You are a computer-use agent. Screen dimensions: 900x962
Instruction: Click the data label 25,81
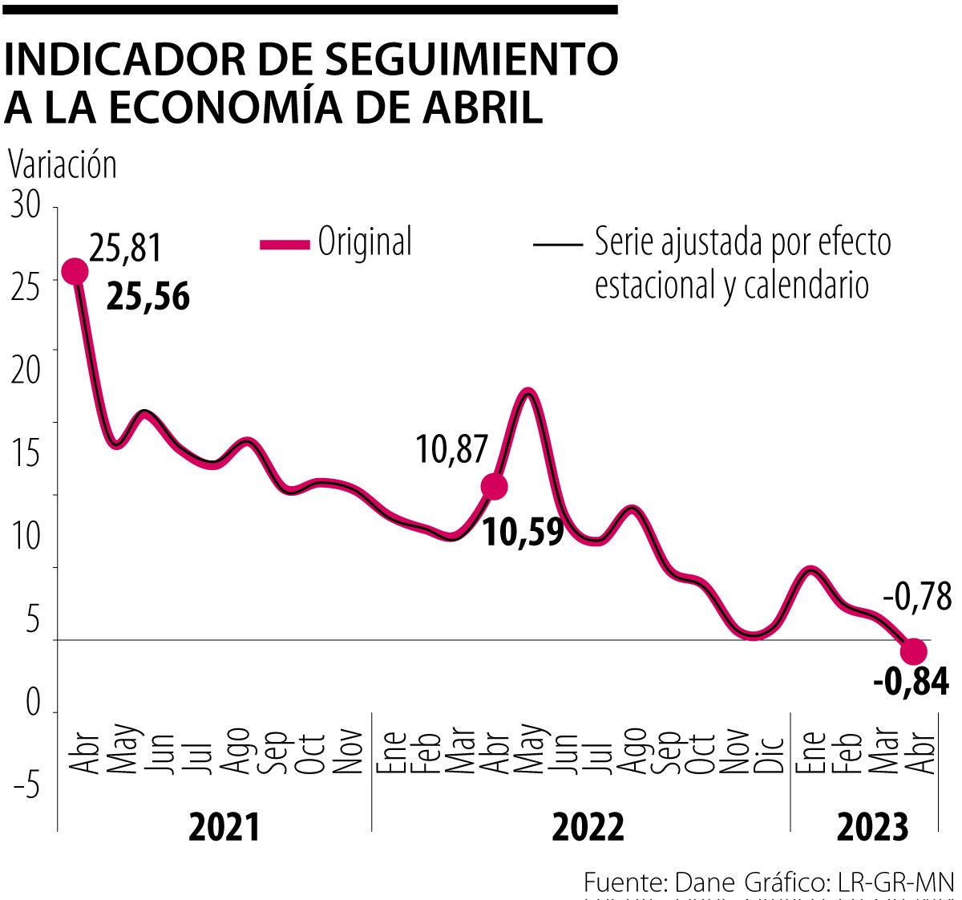point(126,248)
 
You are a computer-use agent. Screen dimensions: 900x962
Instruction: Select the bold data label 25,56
point(148,297)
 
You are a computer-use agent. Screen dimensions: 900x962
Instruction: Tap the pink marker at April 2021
point(75,272)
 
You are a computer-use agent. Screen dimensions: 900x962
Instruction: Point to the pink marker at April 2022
point(494,485)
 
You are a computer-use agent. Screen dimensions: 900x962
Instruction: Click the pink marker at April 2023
point(914,651)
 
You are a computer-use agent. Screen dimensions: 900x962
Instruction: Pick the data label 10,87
point(451,448)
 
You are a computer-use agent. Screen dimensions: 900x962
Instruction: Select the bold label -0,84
point(911,683)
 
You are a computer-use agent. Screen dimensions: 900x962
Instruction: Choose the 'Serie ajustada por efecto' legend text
point(742,241)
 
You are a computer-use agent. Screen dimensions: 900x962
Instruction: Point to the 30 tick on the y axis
point(26,205)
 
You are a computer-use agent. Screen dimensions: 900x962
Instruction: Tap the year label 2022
point(588,827)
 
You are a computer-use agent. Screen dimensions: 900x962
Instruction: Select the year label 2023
point(873,827)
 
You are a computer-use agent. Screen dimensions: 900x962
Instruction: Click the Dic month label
point(769,752)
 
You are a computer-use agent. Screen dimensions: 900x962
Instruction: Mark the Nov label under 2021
point(348,752)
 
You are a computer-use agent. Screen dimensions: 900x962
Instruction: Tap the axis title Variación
point(63,164)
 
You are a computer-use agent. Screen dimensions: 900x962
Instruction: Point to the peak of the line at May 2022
point(527,391)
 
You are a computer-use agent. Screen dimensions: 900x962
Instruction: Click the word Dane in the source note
point(705,882)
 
